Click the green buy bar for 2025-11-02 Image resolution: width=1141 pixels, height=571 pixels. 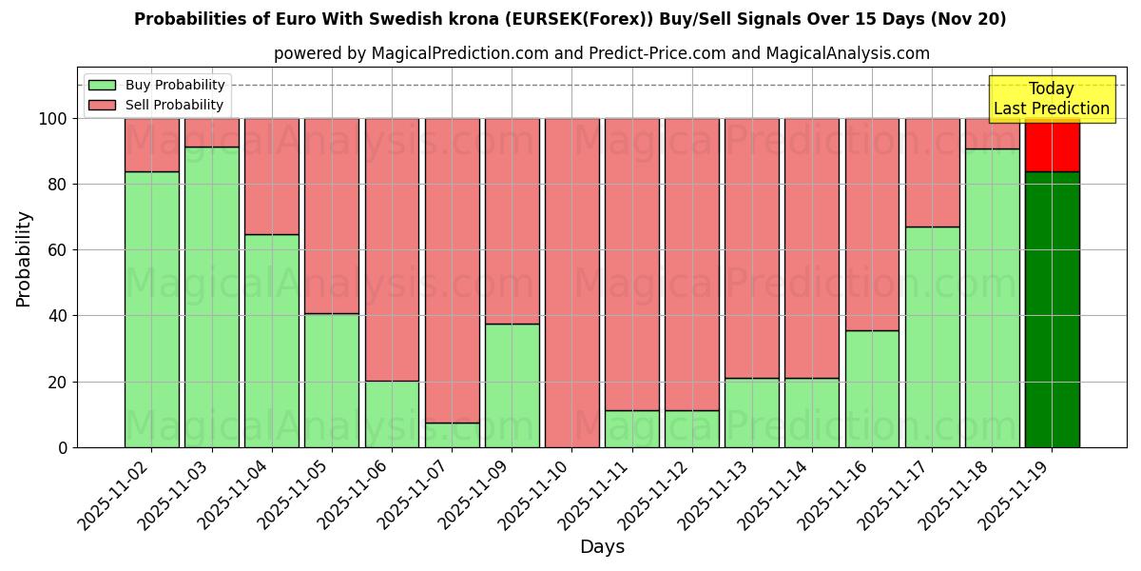tap(151, 309)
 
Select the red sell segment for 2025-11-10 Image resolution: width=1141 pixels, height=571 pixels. tap(571, 283)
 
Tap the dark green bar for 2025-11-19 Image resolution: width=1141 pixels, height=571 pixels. tap(1052, 309)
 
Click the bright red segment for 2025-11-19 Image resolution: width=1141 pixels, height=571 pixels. tap(1052, 145)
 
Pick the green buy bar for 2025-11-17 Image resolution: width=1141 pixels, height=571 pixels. tap(932, 337)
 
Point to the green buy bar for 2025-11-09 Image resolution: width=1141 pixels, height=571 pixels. tap(512, 385)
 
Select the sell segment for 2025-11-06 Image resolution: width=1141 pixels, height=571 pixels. tap(392, 249)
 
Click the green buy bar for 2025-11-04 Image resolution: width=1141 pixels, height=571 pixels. tap(271, 341)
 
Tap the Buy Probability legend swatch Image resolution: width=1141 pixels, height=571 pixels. tap(102, 86)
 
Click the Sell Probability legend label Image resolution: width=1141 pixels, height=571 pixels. tap(174, 105)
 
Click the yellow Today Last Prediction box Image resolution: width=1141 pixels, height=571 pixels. tap(1051, 99)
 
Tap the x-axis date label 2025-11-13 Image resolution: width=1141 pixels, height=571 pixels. tap(711, 492)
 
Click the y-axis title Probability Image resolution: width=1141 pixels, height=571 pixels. tap(25, 259)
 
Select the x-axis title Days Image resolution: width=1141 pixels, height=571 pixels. tap(602, 547)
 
